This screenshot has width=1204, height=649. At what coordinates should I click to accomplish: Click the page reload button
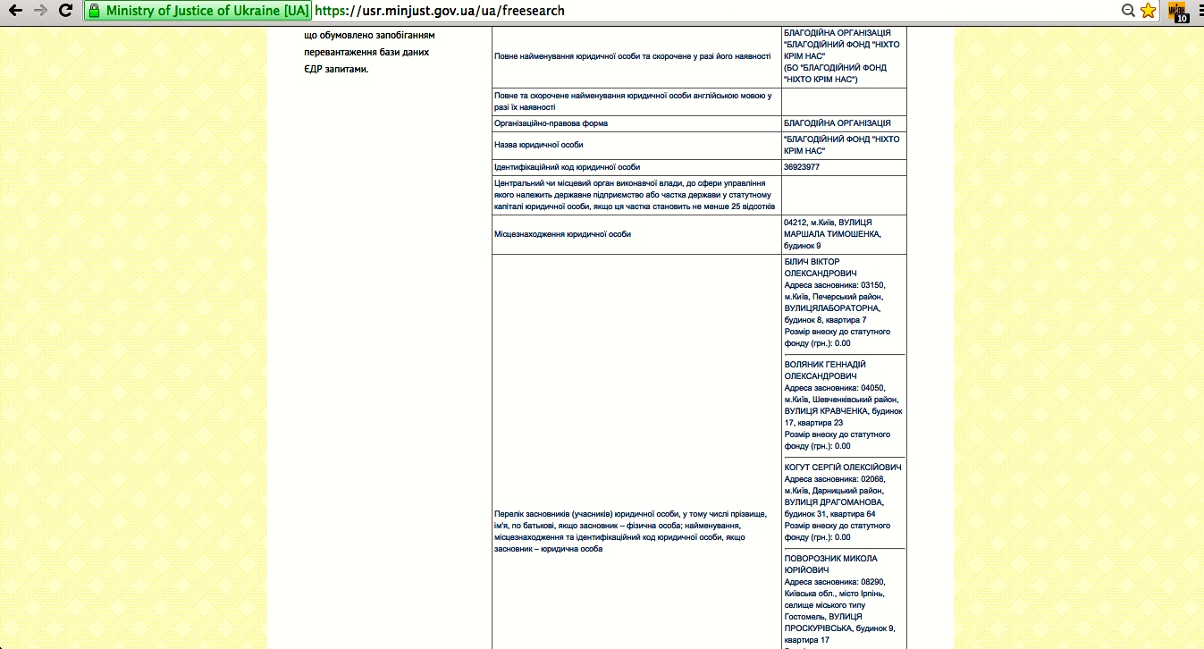click(x=65, y=11)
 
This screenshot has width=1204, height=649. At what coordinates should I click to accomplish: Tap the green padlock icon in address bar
click(x=94, y=12)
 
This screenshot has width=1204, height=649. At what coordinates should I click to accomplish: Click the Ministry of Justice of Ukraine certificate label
click(x=207, y=12)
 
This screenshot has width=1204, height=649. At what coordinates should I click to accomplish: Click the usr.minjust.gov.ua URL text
click(x=440, y=12)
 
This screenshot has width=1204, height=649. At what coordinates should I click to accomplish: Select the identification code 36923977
click(x=801, y=167)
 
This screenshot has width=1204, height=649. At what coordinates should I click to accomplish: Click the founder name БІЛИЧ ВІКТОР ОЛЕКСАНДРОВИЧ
click(x=820, y=267)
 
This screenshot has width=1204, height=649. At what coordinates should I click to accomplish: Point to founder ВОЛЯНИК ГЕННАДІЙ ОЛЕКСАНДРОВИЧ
click(x=824, y=370)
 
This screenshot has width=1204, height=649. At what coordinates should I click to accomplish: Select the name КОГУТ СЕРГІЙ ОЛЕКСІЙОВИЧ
click(x=842, y=468)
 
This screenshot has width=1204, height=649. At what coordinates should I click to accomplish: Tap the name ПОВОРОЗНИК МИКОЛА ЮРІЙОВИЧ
click(x=829, y=564)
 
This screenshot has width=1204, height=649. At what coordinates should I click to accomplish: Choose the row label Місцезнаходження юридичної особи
click(x=562, y=234)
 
